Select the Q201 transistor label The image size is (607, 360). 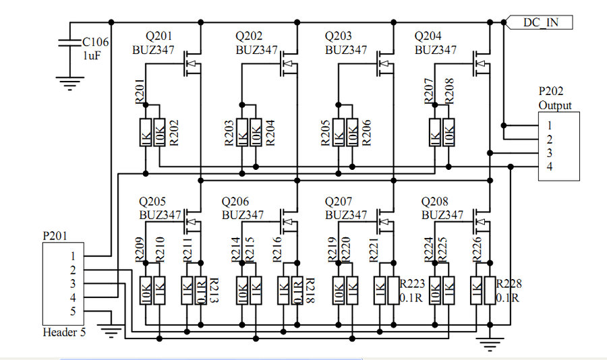160,36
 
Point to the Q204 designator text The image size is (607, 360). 428,36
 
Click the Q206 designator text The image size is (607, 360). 235,202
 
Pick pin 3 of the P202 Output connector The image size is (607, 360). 550,153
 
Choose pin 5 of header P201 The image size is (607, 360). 72,311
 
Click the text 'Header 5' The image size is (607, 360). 64,332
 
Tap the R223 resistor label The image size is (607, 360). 413,284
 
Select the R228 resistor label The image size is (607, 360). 509,284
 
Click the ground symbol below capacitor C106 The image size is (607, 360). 67,84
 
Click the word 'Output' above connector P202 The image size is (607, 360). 555,105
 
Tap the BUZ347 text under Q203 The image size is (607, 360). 345,50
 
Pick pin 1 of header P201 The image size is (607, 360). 72,256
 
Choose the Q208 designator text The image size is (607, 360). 435,202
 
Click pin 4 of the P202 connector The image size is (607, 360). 550,167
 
